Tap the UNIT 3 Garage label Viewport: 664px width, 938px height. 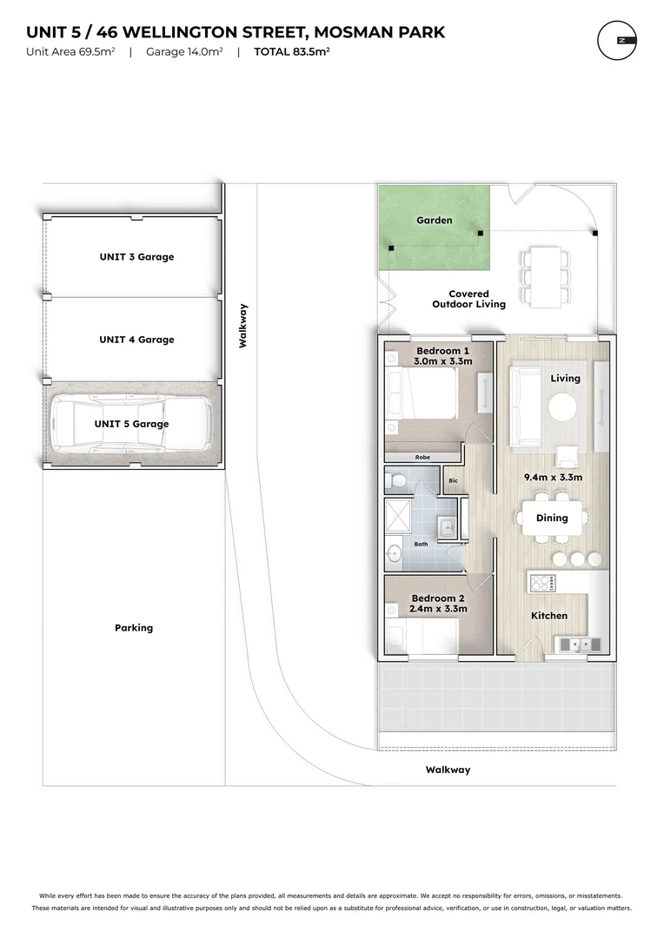136,257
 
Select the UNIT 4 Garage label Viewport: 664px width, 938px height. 136,340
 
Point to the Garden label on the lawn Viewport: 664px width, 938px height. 434,221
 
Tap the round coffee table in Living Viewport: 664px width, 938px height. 562,407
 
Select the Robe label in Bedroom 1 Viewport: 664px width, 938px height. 422,457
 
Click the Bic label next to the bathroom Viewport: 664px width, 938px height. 453,480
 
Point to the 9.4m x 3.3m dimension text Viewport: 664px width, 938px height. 551,477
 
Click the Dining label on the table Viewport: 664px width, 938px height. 551,518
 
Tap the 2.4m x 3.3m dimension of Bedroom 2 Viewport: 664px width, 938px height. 438,609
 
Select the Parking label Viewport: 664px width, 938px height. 133,628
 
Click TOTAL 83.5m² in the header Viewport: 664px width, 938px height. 291,51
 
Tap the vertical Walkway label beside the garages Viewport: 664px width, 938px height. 243,326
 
